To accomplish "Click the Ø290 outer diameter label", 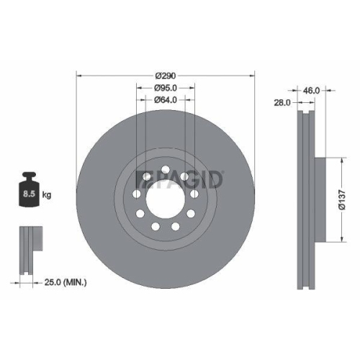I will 166,75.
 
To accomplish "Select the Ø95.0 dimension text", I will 166,88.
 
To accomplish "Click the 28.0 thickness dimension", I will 282,103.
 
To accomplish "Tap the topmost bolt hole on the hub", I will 166,171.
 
